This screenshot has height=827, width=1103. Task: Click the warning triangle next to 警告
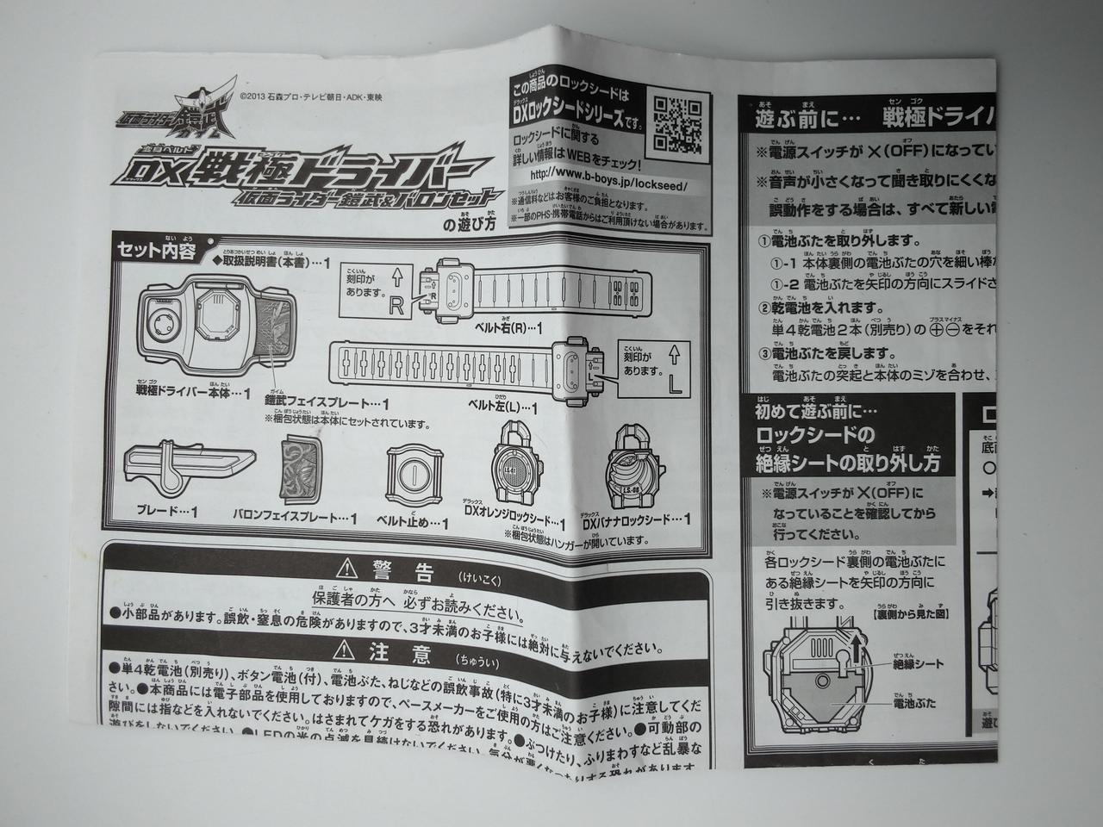(x=347, y=568)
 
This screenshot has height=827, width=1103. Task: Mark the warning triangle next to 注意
(x=347, y=652)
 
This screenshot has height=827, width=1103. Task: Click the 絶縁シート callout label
(x=919, y=663)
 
